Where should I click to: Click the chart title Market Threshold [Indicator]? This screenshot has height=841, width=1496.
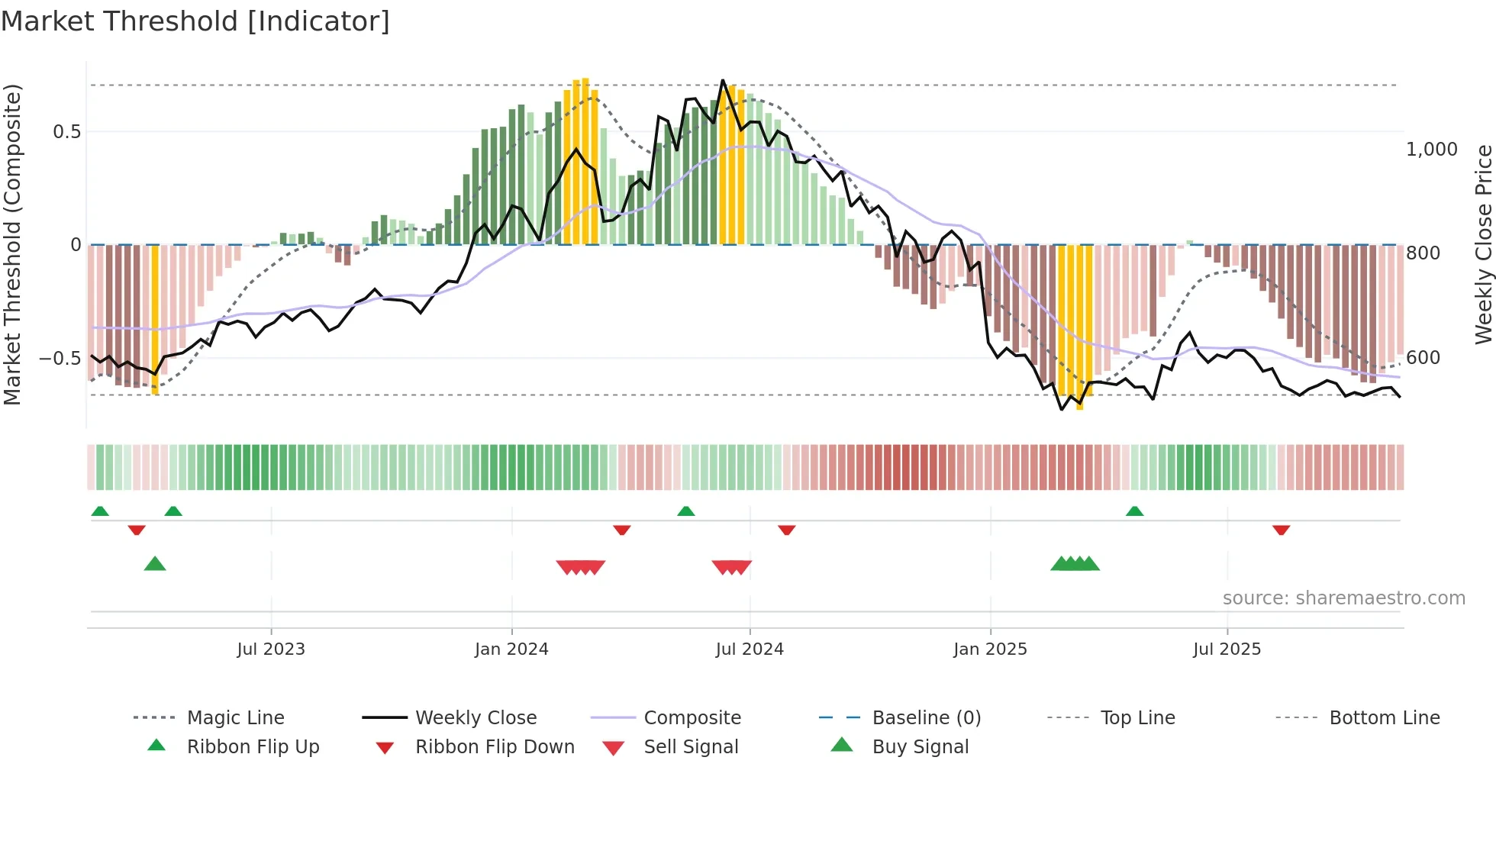(x=195, y=21)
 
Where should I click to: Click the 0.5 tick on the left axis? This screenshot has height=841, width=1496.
(x=66, y=132)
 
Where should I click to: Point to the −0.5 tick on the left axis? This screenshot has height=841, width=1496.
(x=60, y=358)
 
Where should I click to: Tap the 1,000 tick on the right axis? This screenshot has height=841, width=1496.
(x=1431, y=150)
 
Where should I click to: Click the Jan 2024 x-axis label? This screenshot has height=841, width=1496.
(x=511, y=649)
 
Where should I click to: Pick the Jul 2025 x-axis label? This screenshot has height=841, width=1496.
(x=1227, y=649)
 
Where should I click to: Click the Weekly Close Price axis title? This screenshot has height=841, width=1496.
(x=1483, y=244)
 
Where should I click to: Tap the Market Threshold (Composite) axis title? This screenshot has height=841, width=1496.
(x=12, y=244)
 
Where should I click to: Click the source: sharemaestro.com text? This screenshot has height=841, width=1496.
(x=1343, y=598)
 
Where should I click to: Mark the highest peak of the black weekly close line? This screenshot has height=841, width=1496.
(x=722, y=80)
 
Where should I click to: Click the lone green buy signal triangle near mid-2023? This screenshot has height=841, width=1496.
(x=155, y=564)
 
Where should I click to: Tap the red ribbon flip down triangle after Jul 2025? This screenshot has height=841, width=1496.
(x=1281, y=530)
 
